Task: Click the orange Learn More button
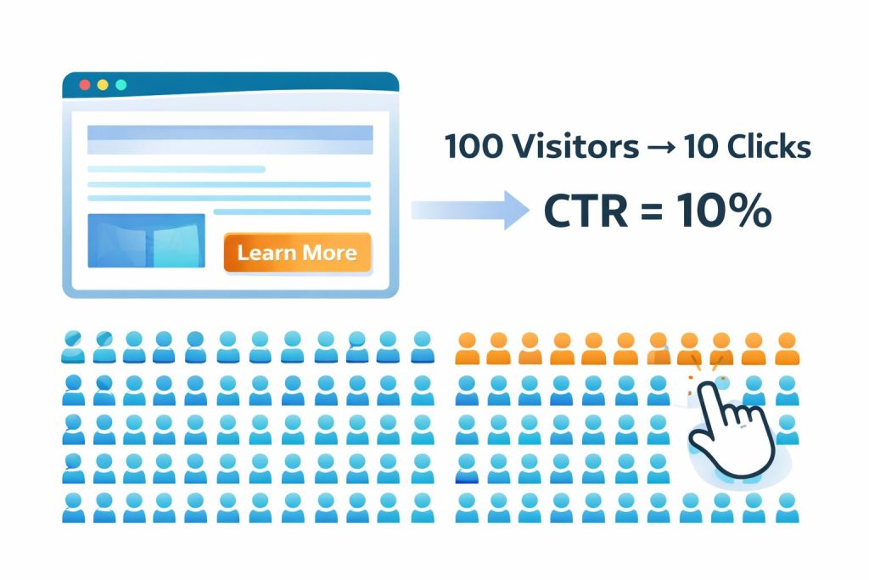pyautogui.click(x=297, y=252)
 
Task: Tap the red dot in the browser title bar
pyautogui.click(x=84, y=85)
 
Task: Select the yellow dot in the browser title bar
pyautogui.click(x=103, y=85)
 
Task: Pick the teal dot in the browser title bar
pyautogui.click(x=121, y=85)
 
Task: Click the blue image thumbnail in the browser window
pyautogui.click(x=146, y=240)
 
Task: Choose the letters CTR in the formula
pyautogui.click(x=586, y=211)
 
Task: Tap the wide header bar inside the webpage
pyautogui.click(x=230, y=139)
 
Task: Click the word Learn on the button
pyautogui.click(x=266, y=252)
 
